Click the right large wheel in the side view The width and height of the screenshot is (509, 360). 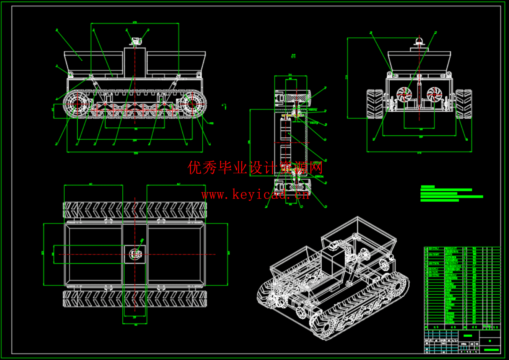194,103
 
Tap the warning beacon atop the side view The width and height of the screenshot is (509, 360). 135,41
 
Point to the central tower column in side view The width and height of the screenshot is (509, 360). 135,61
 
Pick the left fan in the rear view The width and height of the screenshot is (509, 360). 404,94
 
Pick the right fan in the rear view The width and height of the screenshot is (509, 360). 434,94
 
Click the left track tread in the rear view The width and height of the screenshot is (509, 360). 375,104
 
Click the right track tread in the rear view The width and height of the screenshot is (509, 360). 463,104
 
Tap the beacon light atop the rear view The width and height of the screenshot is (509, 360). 420,41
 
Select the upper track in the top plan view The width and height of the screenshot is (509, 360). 135,210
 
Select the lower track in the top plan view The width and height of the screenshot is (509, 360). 135,299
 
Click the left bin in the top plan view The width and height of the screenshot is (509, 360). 94,254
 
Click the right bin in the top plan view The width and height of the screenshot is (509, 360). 176,254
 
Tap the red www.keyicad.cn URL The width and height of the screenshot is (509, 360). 255,195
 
